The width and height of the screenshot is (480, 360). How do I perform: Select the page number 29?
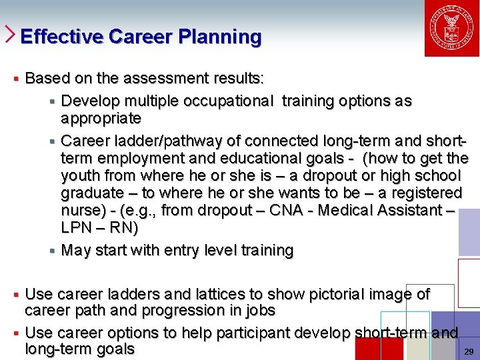coord(468,351)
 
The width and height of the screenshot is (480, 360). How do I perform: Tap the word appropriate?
coord(101,119)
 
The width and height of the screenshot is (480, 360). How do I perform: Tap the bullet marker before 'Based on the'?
coord(15,79)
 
